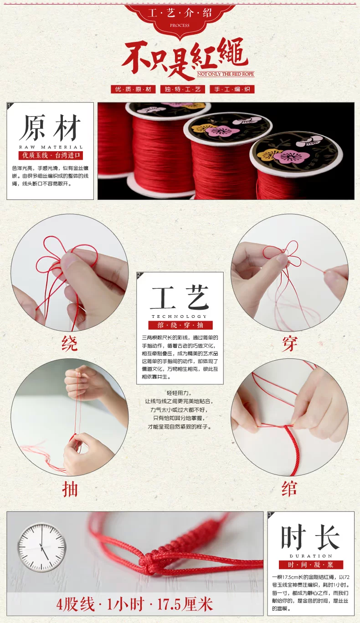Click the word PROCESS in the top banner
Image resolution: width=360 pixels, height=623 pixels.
[180, 26]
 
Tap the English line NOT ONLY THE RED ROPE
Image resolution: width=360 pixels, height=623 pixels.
[226, 74]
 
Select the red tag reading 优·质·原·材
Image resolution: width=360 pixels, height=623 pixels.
[133, 89]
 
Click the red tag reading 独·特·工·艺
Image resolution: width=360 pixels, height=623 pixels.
[182, 89]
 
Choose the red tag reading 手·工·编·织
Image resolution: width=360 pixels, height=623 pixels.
[232, 89]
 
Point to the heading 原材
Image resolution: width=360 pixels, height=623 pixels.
[50, 128]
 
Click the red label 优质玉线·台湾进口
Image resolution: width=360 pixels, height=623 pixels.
[51, 155]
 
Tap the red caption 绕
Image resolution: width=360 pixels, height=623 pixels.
[70, 343]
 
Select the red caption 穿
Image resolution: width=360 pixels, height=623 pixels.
[290, 343]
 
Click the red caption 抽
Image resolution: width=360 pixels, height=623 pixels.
[70, 489]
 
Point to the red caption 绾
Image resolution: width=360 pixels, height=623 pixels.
[290, 489]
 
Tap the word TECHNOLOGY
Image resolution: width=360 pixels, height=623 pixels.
[180, 317]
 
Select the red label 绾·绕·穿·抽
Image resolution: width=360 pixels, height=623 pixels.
[180, 325]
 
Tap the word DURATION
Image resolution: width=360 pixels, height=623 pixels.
[311, 556]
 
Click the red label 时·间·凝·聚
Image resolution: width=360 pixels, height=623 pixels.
[311, 565]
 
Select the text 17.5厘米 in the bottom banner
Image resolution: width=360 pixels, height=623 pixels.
[185, 604]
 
